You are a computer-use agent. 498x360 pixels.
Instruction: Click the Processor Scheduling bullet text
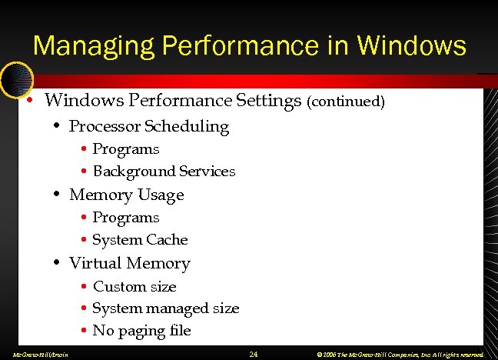[149, 126]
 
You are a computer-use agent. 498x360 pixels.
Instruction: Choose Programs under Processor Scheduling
[125, 149]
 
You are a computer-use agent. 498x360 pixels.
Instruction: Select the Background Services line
[164, 172]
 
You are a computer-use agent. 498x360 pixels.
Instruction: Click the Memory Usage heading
[127, 195]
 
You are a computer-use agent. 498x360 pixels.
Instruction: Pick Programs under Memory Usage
[125, 218]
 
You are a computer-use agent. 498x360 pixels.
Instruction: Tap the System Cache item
[140, 240]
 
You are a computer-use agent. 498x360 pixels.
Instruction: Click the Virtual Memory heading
[129, 263]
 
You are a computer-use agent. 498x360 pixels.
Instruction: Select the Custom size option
[134, 287]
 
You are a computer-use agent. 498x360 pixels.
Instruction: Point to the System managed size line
[165, 308]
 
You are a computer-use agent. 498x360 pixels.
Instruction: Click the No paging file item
[141, 331]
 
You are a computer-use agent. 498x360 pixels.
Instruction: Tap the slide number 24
[254, 354]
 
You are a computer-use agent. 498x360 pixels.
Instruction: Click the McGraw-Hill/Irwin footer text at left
[36, 355]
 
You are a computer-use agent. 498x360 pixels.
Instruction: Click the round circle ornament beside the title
[16, 78]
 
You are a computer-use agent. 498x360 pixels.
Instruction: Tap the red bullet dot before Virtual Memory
[58, 264]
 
